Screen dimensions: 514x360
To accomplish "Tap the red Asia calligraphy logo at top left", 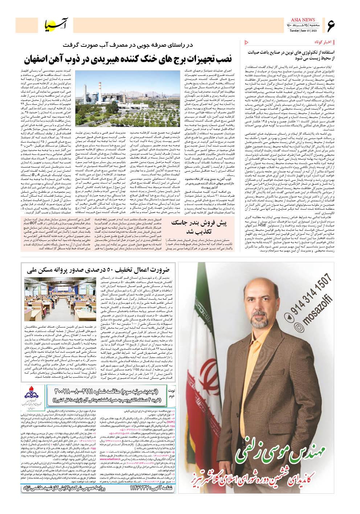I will point(54,24).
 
